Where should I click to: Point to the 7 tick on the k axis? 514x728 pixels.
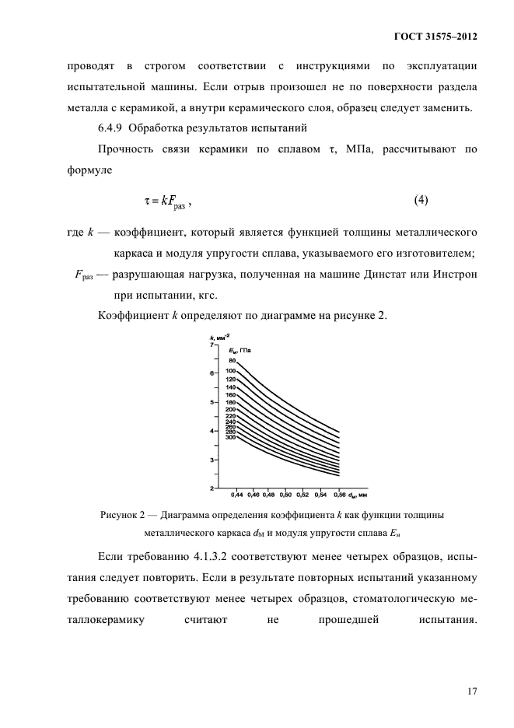212,345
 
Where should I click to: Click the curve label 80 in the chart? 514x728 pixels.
232,361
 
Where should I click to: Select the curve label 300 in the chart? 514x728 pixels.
230,437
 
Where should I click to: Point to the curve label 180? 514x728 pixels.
230,402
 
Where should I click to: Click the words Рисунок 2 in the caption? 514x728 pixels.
126,515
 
